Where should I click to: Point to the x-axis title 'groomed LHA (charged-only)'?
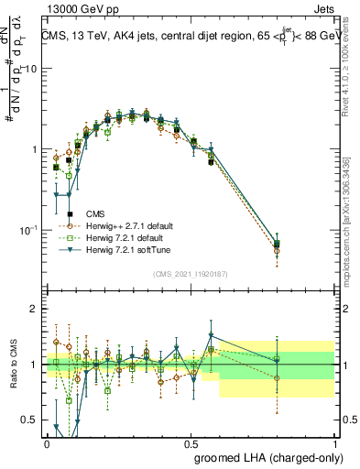pyautogui.click(x=264, y=455)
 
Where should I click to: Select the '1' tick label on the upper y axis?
pyautogui.click(x=35, y=148)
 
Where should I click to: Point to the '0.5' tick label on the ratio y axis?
pyautogui.click(x=30, y=420)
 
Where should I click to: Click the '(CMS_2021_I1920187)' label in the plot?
pyautogui.click(x=191, y=274)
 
